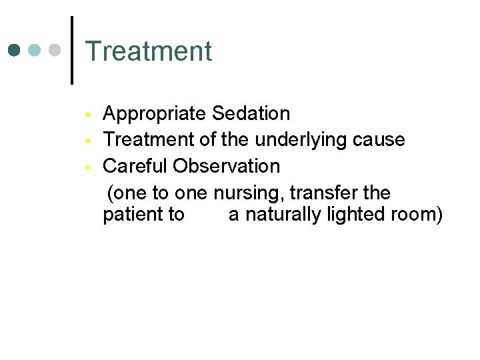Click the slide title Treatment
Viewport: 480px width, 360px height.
point(149,51)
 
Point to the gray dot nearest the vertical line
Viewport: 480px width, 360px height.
point(56,51)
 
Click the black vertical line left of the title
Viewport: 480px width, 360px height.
point(71,51)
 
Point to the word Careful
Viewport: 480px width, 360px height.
point(135,166)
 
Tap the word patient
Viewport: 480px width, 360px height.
point(130,215)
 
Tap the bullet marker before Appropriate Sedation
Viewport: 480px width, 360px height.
point(87,115)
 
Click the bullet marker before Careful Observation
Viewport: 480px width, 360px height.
point(87,167)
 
